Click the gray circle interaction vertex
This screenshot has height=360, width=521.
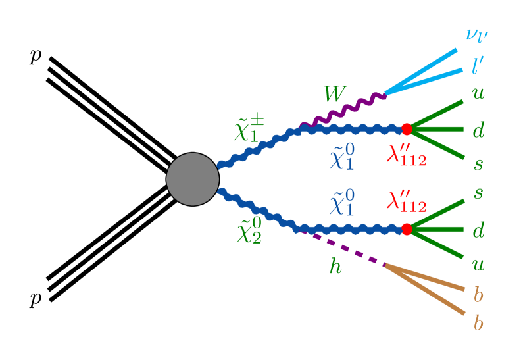[192, 179]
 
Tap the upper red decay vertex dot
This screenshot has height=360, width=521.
[406, 129]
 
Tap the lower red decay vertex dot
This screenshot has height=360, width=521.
[406, 229]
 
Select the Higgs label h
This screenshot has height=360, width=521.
[335, 267]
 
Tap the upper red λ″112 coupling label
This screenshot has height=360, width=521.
[407, 156]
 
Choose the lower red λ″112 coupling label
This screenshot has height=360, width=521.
[407, 201]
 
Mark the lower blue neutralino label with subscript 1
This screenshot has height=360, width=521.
[342, 203]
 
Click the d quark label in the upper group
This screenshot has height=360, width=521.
[478, 130]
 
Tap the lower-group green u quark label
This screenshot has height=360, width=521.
[478, 265]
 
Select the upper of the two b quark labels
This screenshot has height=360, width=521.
[478, 294]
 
